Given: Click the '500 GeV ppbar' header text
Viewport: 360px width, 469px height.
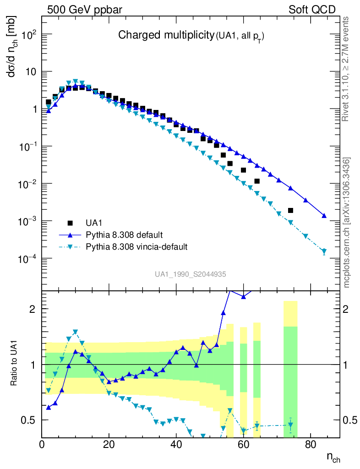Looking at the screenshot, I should tap(84, 10).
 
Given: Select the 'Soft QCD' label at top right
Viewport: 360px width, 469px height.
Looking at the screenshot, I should tap(312, 10).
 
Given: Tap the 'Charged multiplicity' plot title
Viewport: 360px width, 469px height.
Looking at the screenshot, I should tap(166, 35).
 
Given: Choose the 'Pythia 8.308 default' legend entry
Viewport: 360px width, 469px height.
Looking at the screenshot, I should tap(124, 235).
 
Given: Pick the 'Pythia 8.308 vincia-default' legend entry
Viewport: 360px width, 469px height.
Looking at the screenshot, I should tap(136, 247).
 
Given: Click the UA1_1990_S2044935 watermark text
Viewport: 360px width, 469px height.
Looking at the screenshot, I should tap(190, 274).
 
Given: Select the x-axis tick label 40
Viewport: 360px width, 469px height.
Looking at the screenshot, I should tap(176, 444).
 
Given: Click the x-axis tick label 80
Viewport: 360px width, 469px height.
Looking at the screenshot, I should tap(311, 444).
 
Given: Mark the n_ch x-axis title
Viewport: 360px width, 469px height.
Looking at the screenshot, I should tap(333, 457).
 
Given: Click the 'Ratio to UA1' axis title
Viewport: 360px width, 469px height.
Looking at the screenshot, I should tap(15, 365).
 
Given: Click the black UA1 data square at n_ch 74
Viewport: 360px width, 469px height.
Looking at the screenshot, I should tap(290, 210).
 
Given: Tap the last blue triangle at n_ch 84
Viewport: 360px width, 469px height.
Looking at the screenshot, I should tap(324, 216).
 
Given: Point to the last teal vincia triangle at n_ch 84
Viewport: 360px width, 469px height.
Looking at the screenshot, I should tap(324, 251).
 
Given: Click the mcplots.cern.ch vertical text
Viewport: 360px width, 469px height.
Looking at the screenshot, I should tap(347, 223).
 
